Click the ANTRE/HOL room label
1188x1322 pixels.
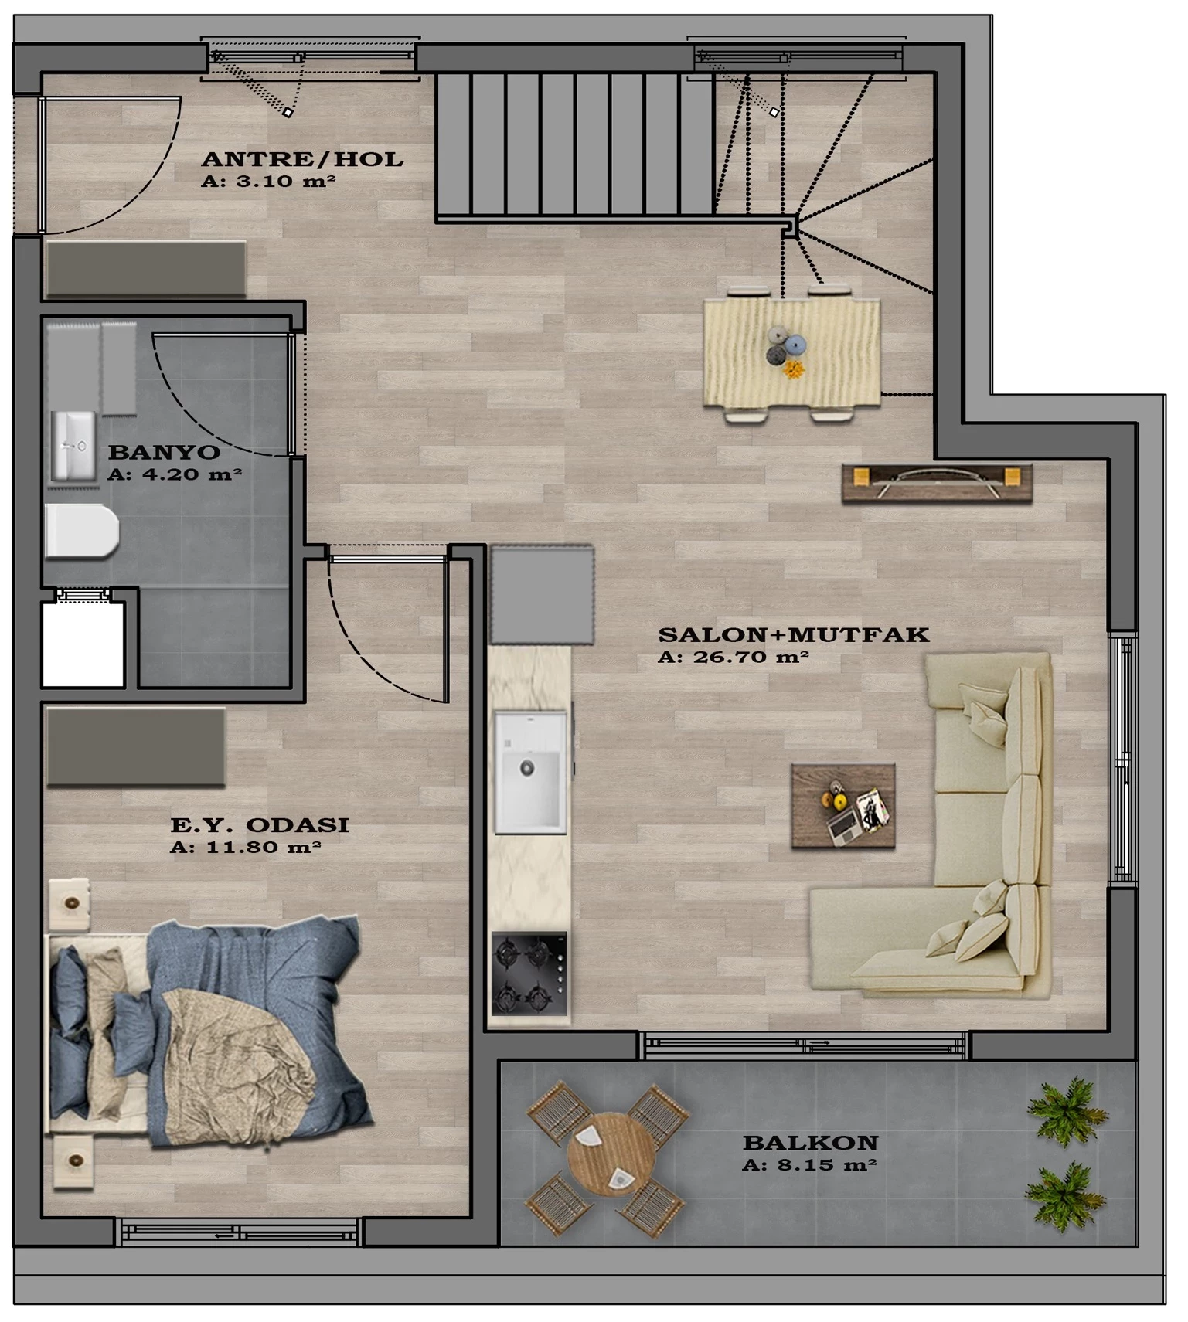click(x=302, y=160)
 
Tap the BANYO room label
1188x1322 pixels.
click(x=164, y=452)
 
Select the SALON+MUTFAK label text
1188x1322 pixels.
click(x=793, y=635)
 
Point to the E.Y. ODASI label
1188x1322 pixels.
click(x=259, y=825)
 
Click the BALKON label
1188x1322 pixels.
click(x=810, y=1143)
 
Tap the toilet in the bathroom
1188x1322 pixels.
click(x=82, y=531)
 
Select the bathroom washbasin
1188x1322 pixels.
click(x=73, y=446)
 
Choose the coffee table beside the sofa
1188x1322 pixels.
click(x=843, y=807)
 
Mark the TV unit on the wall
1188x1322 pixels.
click(x=937, y=483)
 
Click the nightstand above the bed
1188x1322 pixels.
click(x=70, y=903)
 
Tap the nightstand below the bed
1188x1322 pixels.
click(x=73, y=1161)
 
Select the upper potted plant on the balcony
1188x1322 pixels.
click(x=1067, y=1112)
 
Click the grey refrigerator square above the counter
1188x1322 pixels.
click(x=542, y=595)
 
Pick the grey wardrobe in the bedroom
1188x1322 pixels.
click(x=136, y=747)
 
